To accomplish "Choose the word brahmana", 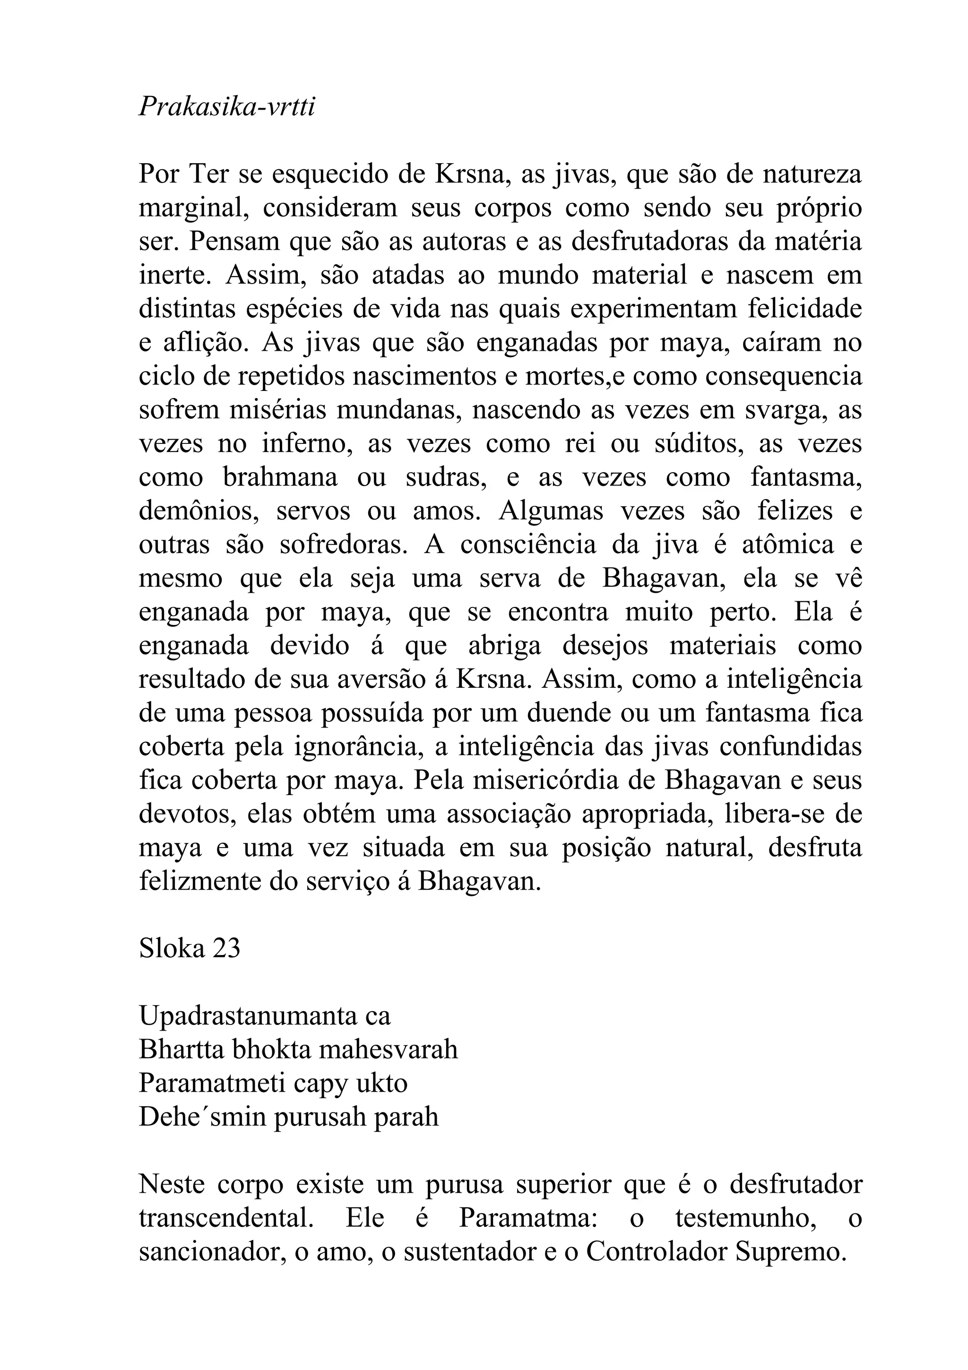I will [x=280, y=477].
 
